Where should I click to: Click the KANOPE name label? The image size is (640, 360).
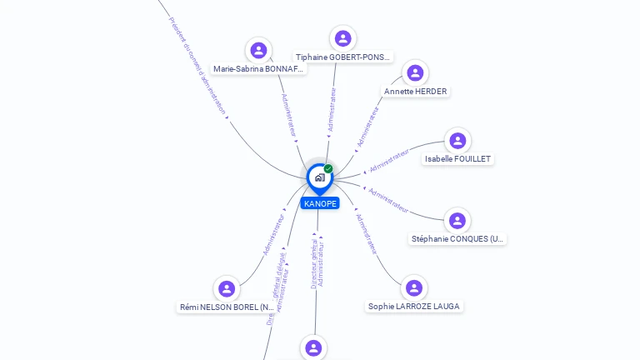point(320,203)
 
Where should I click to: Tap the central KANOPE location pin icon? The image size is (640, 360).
point(319,177)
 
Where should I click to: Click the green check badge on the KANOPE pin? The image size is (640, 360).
point(328,169)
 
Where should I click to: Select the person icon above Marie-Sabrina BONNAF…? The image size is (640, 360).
point(259,50)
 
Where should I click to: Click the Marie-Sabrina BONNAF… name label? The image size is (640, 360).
point(258,69)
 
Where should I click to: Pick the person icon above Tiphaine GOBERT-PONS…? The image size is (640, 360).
point(342,38)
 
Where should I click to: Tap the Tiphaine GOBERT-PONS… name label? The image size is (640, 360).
point(343,57)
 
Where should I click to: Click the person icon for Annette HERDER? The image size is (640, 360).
point(415,72)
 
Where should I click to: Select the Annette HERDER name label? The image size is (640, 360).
point(415,92)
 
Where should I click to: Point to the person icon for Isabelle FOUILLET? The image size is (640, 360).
point(457,140)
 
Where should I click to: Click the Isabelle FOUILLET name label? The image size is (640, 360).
point(457,158)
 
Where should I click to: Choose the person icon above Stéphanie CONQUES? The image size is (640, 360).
point(457,220)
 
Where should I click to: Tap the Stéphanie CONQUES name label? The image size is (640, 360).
point(457,239)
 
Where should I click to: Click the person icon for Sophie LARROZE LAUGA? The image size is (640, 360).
point(414,287)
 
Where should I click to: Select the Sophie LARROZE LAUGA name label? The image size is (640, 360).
point(414,307)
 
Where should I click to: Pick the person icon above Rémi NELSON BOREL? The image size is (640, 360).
point(227,288)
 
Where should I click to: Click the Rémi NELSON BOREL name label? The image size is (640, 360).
point(227,307)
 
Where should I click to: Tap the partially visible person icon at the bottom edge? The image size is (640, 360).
point(312,347)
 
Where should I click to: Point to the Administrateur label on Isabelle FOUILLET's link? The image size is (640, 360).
point(389,160)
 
